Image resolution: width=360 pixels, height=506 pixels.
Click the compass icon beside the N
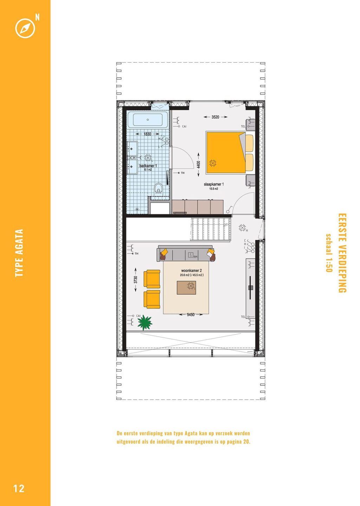coord(25,28)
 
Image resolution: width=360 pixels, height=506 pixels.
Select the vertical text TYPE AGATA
coord(19,253)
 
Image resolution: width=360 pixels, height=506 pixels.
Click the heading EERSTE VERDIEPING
coord(342,253)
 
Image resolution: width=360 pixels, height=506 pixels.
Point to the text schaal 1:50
coord(329,253)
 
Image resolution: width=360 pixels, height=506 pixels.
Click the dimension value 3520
coord(215,117)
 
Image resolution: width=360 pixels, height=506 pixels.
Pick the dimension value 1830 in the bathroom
coord(147,134)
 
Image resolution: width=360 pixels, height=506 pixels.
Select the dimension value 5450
coord(191,314)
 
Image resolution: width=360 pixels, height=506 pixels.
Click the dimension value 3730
coord(136,280)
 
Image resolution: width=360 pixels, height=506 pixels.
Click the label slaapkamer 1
coord(214,184)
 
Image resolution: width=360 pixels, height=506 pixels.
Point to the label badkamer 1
coord(148,166)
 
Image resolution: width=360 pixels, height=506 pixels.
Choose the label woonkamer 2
coord(191,271)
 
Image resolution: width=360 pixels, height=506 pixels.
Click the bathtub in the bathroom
coord(148,120)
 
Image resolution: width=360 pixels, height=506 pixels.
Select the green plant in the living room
coord(145,323)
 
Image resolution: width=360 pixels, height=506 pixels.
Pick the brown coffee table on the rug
coord(186,287)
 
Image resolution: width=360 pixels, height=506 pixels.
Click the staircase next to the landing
coord(211,229)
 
